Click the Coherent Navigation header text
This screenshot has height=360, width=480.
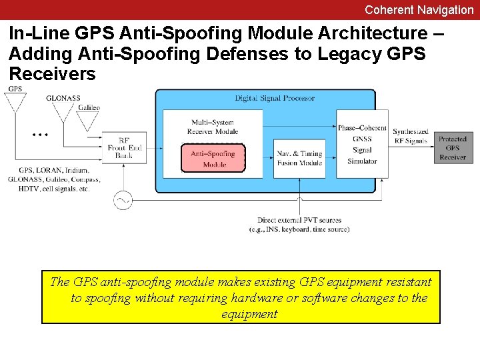419,10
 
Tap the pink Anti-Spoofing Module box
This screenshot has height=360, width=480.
213,159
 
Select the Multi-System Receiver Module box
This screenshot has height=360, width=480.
214,127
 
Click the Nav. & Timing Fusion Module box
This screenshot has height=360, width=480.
299,159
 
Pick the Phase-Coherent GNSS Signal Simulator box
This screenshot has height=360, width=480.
362,144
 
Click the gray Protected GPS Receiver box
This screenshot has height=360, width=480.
453,148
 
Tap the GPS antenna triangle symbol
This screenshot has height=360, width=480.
15,102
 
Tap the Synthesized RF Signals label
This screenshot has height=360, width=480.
410,137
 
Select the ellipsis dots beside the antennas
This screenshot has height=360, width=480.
40,134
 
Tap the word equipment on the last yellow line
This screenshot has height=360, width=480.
249,314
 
